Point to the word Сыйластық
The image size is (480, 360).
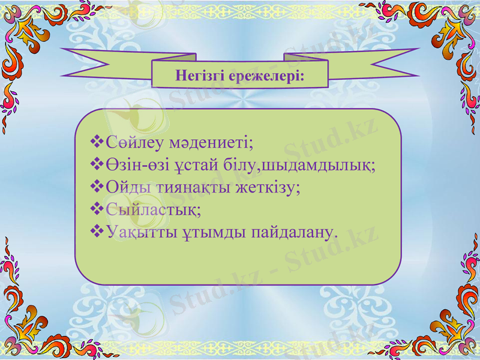(x=153, y=210)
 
